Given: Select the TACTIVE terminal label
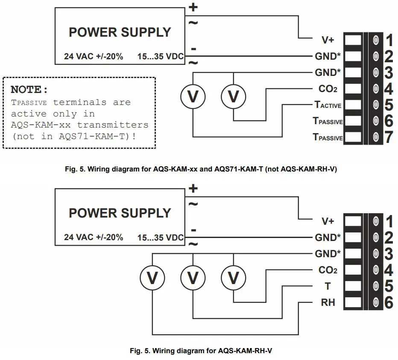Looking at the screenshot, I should [x=328, y=105].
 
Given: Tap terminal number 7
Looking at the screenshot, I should [x=388, y=137].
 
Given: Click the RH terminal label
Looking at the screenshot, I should [x=328, y=303].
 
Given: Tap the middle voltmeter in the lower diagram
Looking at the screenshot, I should [x=193, y=278].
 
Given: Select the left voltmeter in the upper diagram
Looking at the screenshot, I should [x=193, y=97].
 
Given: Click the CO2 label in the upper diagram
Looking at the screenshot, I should [x=328, y=89].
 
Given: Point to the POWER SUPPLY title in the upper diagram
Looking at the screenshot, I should [x=120, y=32].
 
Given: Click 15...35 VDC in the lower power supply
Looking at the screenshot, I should [x=161, y=238].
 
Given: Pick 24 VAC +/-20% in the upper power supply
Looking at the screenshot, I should [x=94, y=56].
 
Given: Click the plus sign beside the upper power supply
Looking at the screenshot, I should [x=193, y=7].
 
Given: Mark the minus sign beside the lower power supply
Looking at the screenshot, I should [x=193, y=230].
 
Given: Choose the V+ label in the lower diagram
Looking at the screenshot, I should [x=328, y=221].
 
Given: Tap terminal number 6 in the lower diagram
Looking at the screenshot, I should [x=388, y=303].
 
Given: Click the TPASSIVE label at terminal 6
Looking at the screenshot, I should [x=328, y=122].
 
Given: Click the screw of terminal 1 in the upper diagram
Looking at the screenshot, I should [x=376, y=41].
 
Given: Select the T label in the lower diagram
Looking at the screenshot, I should [x=328, y=286].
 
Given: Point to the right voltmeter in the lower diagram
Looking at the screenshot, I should [x=234, y=278].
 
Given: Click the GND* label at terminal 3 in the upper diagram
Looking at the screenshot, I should [x=328, y=73].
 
